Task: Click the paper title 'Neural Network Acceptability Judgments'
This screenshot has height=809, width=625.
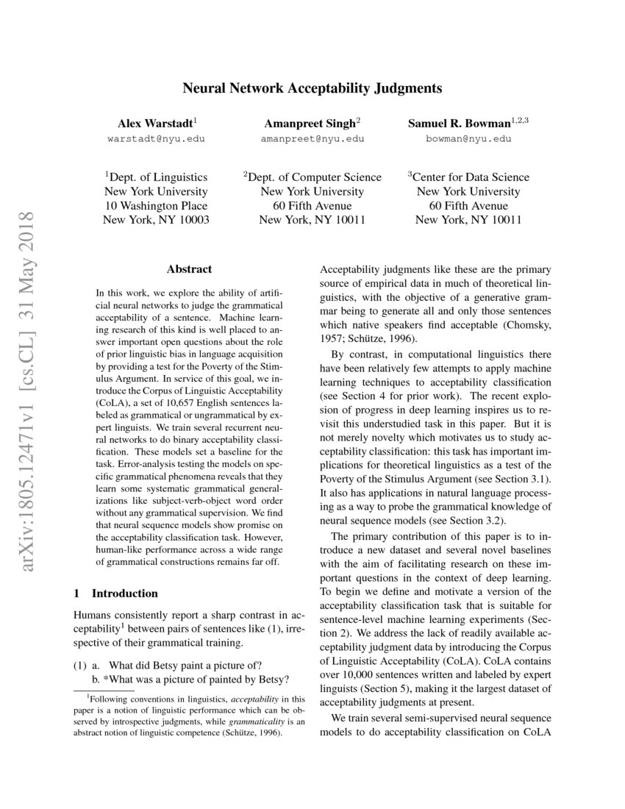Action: (x=312, y=89)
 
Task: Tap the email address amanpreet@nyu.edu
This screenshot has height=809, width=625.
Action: (x=312, y=138)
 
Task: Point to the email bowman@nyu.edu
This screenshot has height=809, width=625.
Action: (x=468, y=138)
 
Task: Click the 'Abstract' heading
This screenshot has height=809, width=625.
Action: (x=189, y=269)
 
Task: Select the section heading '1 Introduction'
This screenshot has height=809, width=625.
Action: (x=116, y=593)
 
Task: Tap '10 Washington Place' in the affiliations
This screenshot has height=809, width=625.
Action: (x=156, y=205)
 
